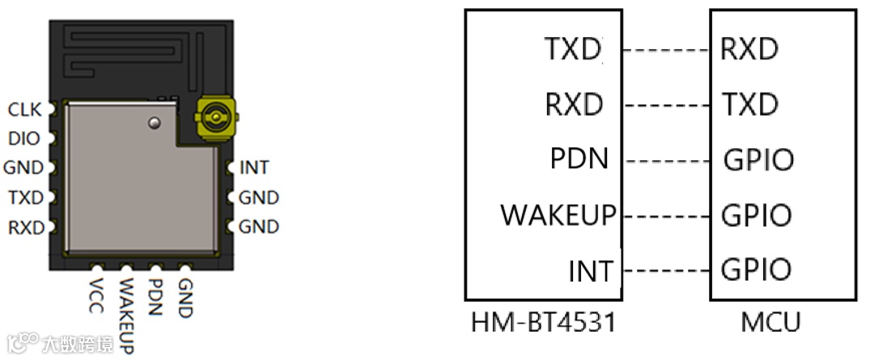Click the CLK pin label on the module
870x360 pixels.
point(24,108)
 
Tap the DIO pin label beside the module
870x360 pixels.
point(23,138)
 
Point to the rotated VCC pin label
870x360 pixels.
point(97,294)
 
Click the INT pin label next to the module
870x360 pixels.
point(254,168)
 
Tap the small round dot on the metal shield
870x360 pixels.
point(155,122)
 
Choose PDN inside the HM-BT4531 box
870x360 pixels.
point(579,158)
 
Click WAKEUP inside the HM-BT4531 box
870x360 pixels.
point(558,216)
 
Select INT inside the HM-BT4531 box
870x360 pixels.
point(591,270)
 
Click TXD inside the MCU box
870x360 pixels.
point(749,104)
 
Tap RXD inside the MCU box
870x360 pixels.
point(749,49)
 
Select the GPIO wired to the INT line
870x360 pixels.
point(756,269)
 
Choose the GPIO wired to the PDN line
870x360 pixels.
point(758,159)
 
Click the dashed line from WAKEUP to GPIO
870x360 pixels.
point(668,216)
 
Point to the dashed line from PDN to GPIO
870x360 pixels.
point(667,160)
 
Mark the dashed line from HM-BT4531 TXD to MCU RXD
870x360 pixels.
point(667,50)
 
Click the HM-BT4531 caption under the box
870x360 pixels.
point(543,323)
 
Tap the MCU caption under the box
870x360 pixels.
point(770,323)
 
